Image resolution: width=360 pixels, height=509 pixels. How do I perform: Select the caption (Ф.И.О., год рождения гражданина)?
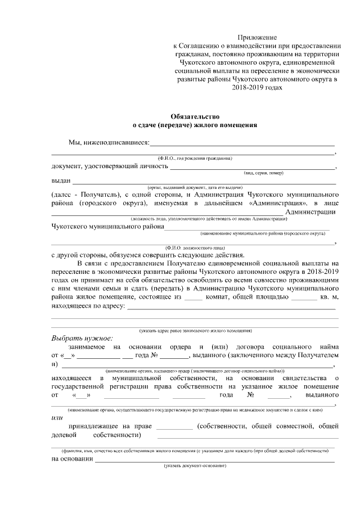click(194, 159)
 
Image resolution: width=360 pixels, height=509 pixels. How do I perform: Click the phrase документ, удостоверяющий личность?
click(110, 166)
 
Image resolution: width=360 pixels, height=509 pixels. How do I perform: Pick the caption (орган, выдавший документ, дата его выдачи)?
click(195, 187)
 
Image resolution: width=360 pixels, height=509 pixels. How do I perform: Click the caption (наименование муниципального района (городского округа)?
click(264, 232)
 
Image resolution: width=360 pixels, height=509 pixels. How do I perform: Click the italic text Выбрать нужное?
click(82, 339)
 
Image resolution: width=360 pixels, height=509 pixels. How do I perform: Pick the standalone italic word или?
click(57, 417)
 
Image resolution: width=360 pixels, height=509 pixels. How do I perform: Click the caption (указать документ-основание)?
click(195, 467)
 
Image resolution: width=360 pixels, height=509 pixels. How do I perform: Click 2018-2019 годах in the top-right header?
click(256, 88)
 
